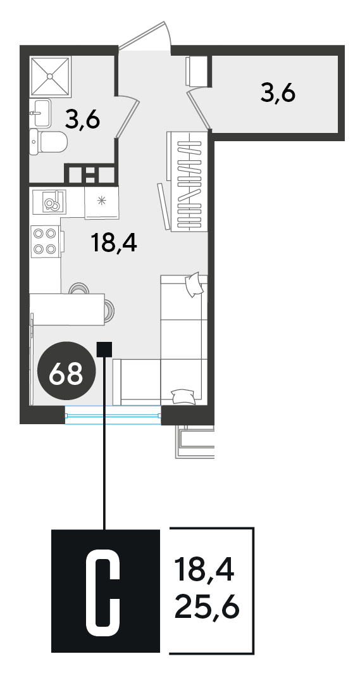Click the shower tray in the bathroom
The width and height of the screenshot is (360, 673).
pos(51,75)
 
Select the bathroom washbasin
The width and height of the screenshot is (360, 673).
pos(40,113)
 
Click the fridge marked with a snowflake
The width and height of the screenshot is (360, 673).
pos(102,202)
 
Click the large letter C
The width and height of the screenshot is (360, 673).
pos(103,598)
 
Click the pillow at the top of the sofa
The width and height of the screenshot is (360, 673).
pos(194,284)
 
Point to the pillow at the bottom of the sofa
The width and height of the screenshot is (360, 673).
pos(183,396)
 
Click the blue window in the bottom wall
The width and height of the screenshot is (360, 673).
pos(113,415)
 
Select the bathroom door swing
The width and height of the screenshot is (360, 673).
pos(127,116)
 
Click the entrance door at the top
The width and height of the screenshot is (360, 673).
pos(145,36)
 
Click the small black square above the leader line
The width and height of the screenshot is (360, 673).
pos(104,349)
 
